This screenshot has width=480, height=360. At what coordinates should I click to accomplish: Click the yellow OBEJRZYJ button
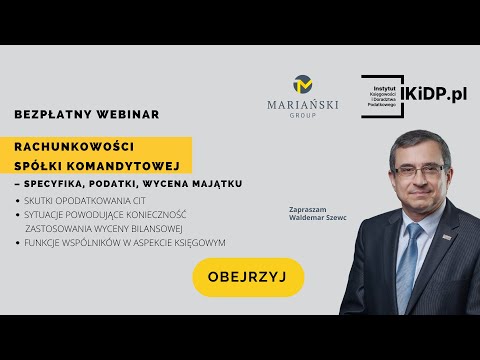248,277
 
